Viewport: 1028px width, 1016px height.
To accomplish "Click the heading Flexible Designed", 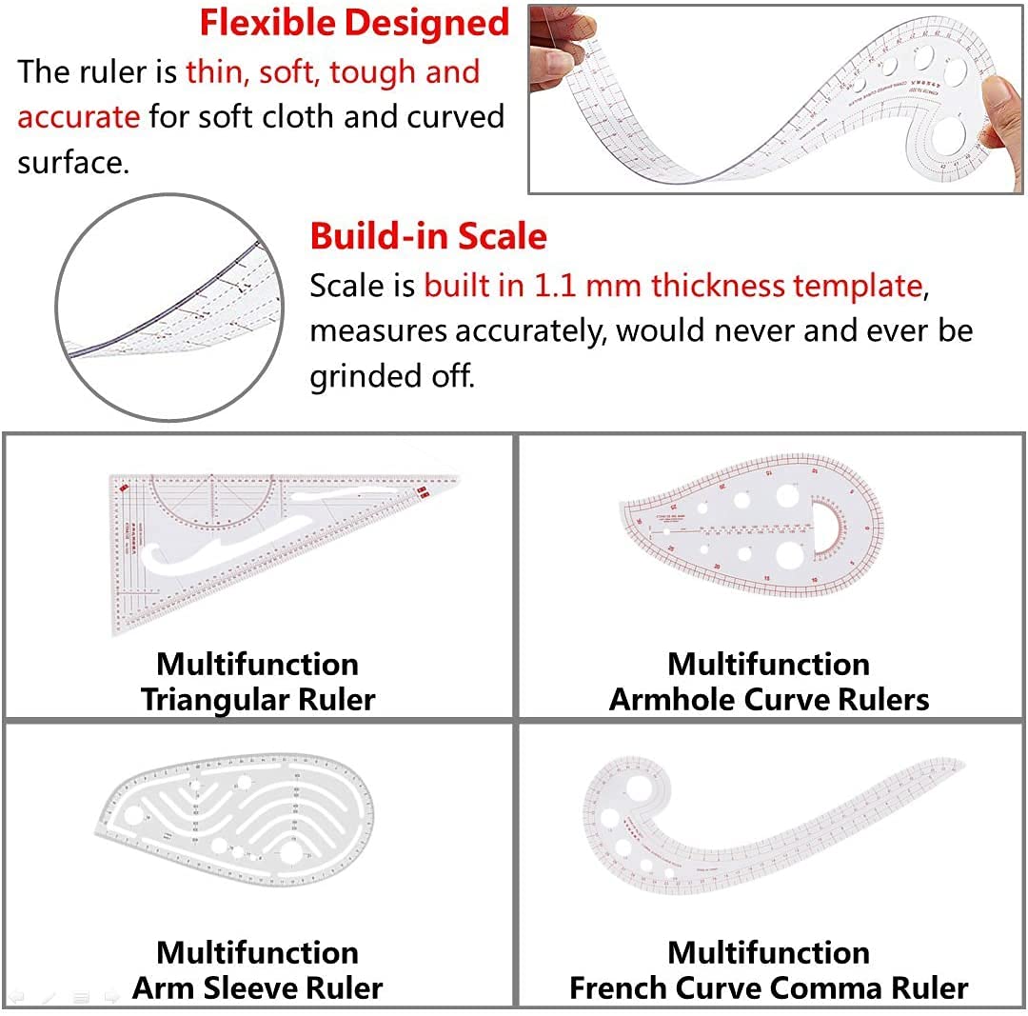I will click(354, 24).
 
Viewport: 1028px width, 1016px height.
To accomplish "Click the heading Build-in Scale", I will click(428, 236).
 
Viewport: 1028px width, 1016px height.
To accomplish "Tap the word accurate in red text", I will click(79, 117).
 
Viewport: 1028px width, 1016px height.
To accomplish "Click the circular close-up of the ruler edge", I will click(169, 307).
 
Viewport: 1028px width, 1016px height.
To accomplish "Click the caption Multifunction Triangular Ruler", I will click(257, 682).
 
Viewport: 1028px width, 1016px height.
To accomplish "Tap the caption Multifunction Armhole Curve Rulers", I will click(769, 682).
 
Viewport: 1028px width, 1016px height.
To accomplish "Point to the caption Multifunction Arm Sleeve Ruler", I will click(257, 970).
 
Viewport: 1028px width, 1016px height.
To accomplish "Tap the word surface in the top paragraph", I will click(70, 162).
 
